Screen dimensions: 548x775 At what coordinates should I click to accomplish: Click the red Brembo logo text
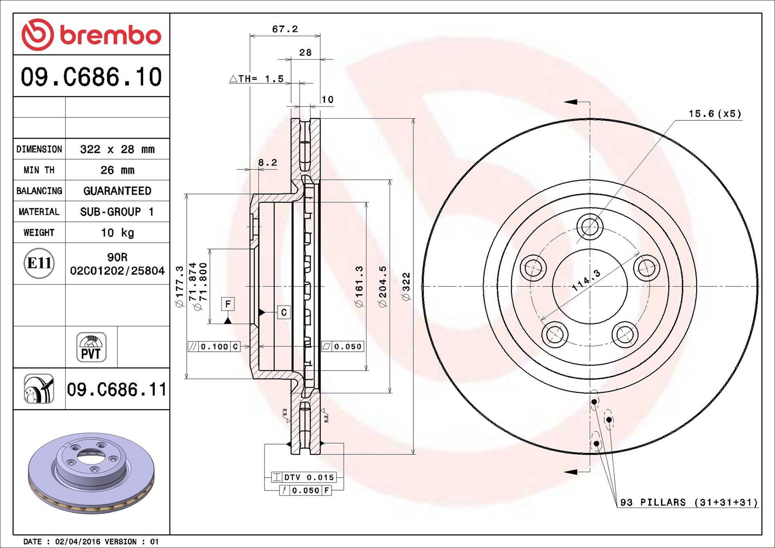[110, 35]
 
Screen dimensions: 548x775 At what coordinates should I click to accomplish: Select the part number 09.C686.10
[91, 77]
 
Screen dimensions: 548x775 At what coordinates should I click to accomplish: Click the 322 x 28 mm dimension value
[117, 149]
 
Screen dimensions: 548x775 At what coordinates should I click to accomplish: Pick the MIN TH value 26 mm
[117, 170]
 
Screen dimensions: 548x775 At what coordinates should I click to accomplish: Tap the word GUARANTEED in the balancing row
[117, 191]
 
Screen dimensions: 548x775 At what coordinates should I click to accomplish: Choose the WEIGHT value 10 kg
[117, 233]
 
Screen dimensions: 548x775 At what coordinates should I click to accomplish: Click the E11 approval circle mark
[39, 263]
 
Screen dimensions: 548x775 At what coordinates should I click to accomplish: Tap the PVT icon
[91, 347]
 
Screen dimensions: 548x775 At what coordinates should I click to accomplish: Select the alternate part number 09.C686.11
[117, 390]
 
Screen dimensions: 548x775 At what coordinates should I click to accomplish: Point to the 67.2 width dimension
[285, 29]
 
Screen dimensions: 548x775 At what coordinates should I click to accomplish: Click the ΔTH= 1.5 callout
[257, 79]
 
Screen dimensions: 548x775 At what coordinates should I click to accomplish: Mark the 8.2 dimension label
[267, 162]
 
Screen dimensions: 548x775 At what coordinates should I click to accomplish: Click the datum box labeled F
[228, 304]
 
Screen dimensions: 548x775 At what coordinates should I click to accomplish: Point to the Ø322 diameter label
[406, 286]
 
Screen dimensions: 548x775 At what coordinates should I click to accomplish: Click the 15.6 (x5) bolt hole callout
[715, 114]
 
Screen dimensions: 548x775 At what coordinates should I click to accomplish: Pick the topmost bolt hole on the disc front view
[590, 226]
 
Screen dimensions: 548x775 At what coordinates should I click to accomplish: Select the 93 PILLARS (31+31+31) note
[689, 502]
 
